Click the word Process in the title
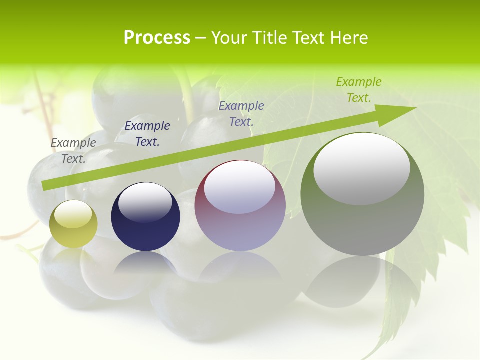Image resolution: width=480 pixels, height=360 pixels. coord(157,38)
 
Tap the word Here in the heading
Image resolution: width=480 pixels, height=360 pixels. coord(348,38)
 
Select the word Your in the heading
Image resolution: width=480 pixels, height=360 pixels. coord(230,38)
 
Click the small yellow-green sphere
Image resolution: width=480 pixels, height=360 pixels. coord(73,224)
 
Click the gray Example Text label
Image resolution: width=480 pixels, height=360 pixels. coord(73,150)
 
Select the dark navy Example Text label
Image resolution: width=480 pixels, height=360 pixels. coord(147,133)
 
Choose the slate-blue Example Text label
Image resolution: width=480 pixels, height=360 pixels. coord(241,113)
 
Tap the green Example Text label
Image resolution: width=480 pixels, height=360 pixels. coord(359,89)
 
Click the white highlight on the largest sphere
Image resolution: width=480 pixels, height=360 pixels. coord(361,169)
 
